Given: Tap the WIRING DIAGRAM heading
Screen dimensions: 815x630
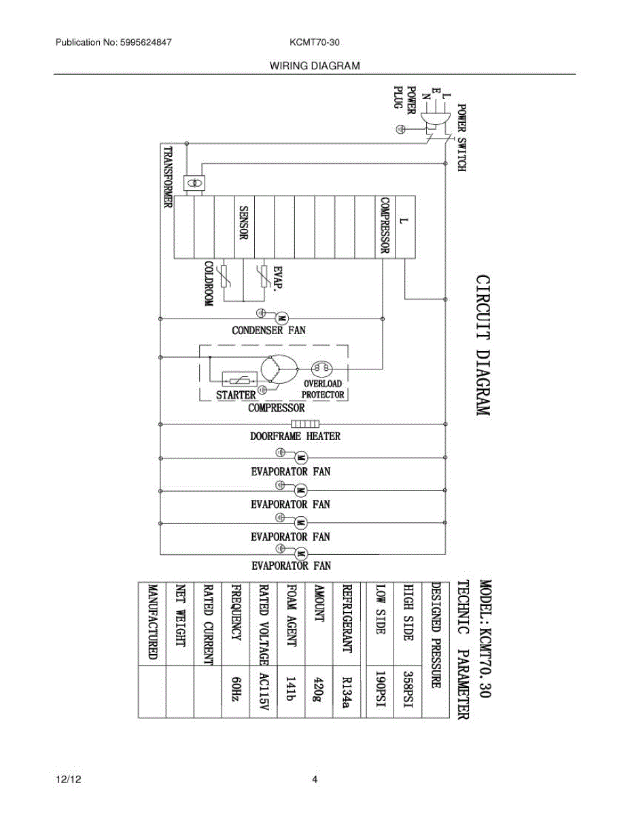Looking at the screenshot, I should click(315, 66).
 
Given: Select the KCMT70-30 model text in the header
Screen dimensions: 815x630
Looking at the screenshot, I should click(314, 42).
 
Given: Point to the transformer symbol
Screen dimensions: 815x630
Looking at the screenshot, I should click(196, 183).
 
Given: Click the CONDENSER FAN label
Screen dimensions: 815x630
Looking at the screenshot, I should click(269, 331).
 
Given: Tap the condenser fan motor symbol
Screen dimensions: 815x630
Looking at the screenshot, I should click(281, 317).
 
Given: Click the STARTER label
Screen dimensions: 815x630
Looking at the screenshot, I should click(235, 394).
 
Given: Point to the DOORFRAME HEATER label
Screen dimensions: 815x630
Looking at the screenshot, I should click(295, 436).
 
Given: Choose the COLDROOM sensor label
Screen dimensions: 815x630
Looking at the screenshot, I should click(209, 284).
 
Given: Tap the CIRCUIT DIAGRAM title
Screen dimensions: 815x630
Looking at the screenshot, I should click(482, 345).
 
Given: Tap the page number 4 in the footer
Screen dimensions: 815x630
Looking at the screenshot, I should click(315, 780).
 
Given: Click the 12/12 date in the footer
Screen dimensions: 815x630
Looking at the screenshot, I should click(65, 780).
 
